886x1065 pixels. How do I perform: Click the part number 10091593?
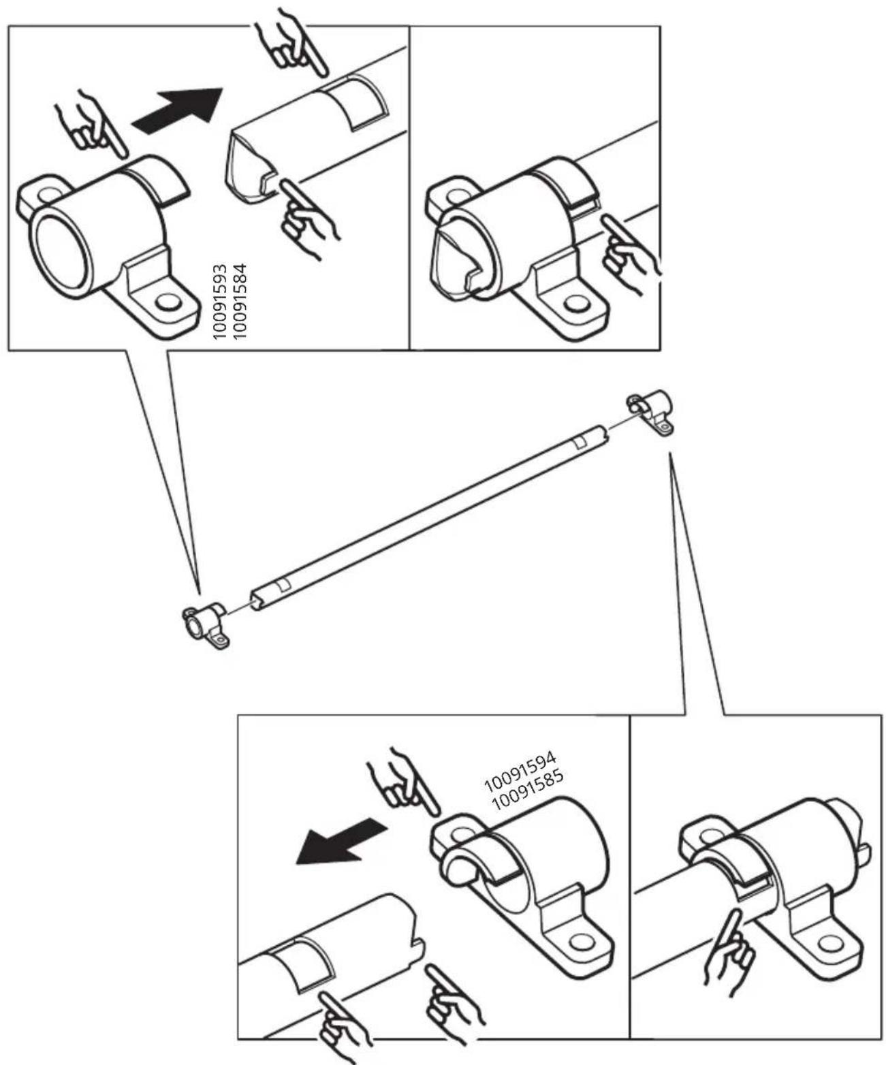(x=220, y=302)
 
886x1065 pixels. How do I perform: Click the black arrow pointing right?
(x=177, y=111)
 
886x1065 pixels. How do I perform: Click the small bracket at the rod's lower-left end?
(x=206, y=625)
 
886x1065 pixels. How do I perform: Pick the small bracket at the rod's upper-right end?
(x=650, y=412)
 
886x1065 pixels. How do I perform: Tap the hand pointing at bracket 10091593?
(x=91, y=124)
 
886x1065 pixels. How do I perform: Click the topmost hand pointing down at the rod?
(x=291, y=42)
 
